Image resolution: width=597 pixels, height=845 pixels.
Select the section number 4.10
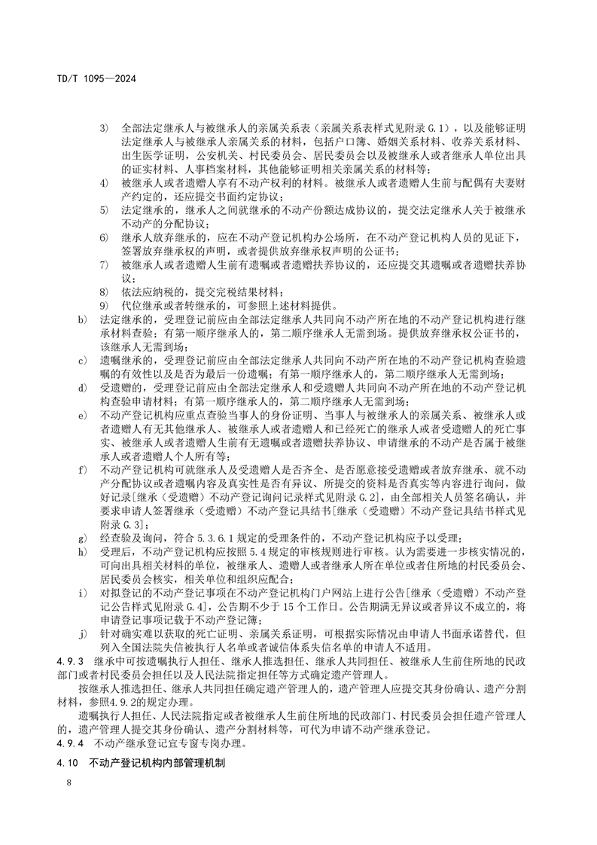point(68,764)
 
